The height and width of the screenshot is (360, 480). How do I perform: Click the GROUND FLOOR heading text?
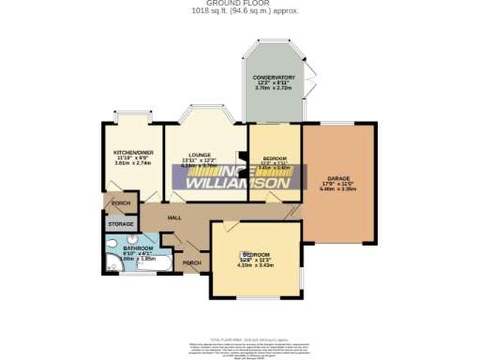240,4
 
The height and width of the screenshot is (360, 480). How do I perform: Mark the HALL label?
173,218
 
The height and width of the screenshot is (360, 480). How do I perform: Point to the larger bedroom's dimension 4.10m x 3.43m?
256,266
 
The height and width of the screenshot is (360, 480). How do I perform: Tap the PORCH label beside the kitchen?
120,203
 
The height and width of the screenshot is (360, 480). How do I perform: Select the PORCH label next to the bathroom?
193,262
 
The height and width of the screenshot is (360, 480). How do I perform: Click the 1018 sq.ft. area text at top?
240,11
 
